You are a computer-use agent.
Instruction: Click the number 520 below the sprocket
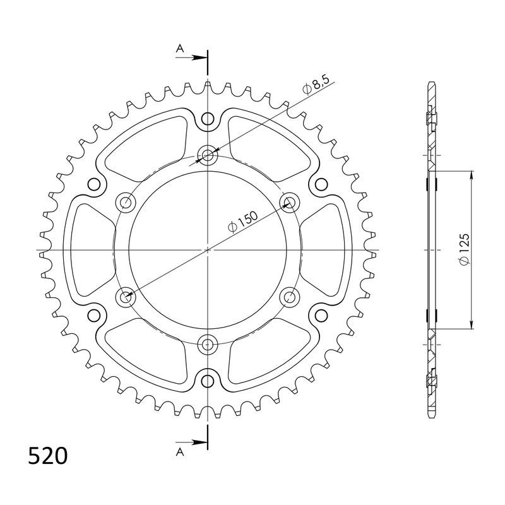[x=48, y=456]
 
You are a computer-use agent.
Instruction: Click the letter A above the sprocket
[x=180, y=48]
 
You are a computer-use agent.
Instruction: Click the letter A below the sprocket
[x=180, y=451]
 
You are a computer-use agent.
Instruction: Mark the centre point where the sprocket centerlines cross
[x=208, y=250]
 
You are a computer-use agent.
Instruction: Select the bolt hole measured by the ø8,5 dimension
[x=208, y=155]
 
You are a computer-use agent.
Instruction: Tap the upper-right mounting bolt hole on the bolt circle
[x=289, y=203]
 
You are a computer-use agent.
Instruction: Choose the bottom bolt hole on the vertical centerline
[x=208, y=344]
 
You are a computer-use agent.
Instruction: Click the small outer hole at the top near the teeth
[x=208, y=119]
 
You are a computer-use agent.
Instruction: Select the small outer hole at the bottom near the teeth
[x=208, y=381]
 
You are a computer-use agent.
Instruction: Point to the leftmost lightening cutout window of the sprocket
[x=88, y=250]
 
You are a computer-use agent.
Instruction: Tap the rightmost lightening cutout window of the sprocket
[x=327, y=250]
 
